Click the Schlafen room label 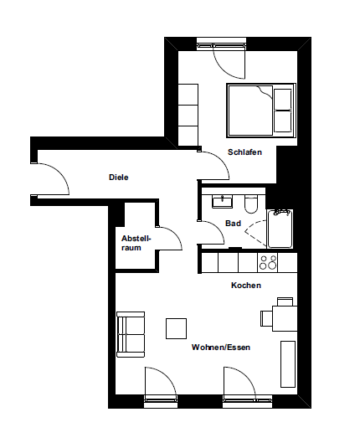(x=244, y=152)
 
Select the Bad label (x=234, y=223)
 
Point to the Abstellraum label (x=136, y=242)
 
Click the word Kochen (x=246, y=286)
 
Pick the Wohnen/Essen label (x=221, y=347)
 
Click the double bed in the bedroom (x=260, y=111)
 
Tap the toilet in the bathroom (x=250, y=203)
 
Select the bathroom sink (x=222, y=201)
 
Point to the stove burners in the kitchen (x=269, y=262)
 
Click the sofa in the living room (x=131, y=333)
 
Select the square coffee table (x=177, y=328)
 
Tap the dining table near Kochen (x=283, y=317)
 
